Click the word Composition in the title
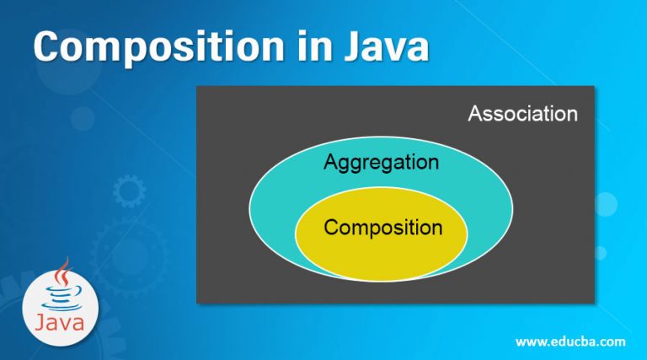(x=158, y=47)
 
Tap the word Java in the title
(x=387, y=46)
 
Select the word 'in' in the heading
(x=314, y=46)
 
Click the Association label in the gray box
(x=523, y=114)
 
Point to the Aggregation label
(x=382, y=163)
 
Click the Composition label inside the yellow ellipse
(x=383, y=228)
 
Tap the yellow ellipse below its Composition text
(x=382, y=260)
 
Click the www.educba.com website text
(x=570, y=341)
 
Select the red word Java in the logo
(x=60, y=322)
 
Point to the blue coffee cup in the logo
(x=61, y=298)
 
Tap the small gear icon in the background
(x=129, y=191)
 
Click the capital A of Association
(x=475, y=114)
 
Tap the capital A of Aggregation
(x=331, y=161)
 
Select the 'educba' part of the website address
(x=571, y=341)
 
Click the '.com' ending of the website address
(x=610, y=342)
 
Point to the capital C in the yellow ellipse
(x=332, y=227)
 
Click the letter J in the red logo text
(x=40, y=322)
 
